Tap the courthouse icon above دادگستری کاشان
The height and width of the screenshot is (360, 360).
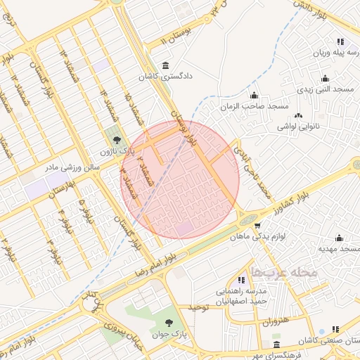(165, 66)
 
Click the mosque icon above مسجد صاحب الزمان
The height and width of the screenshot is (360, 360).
(254, 95)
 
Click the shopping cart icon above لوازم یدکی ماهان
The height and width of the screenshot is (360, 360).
(258, 226)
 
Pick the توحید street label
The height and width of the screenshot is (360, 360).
(199, 308)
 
